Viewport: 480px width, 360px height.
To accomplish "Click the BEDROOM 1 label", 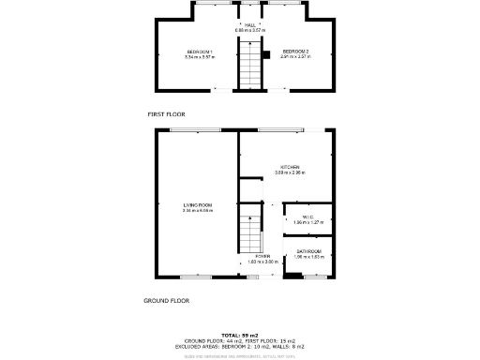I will coord(200,51).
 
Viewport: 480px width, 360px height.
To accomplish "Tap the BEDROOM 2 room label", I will coord(295,51).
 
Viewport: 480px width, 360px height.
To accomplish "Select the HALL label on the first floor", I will coord(249,26).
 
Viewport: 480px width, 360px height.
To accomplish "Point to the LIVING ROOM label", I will coord(198,204).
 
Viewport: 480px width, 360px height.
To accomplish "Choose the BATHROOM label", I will coord(308,251).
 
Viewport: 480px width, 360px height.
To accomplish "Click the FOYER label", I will coord(263,256).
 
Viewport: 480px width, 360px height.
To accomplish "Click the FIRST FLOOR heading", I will coord(166,113).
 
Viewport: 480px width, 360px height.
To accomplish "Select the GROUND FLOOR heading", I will coord(166,301).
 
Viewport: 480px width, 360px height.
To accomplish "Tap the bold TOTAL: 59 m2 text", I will coord(240,335).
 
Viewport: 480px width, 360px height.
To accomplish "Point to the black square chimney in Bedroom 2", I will coord(267,53).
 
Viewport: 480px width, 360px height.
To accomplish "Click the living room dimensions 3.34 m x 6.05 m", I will coord(198,210).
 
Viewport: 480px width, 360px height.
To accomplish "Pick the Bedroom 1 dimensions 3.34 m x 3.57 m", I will coord(200,56).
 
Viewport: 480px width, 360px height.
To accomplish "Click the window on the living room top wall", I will coord(196,129).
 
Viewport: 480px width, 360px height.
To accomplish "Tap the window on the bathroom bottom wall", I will coord(315,277).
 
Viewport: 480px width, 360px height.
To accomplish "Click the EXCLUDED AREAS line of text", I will coord(240,346).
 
